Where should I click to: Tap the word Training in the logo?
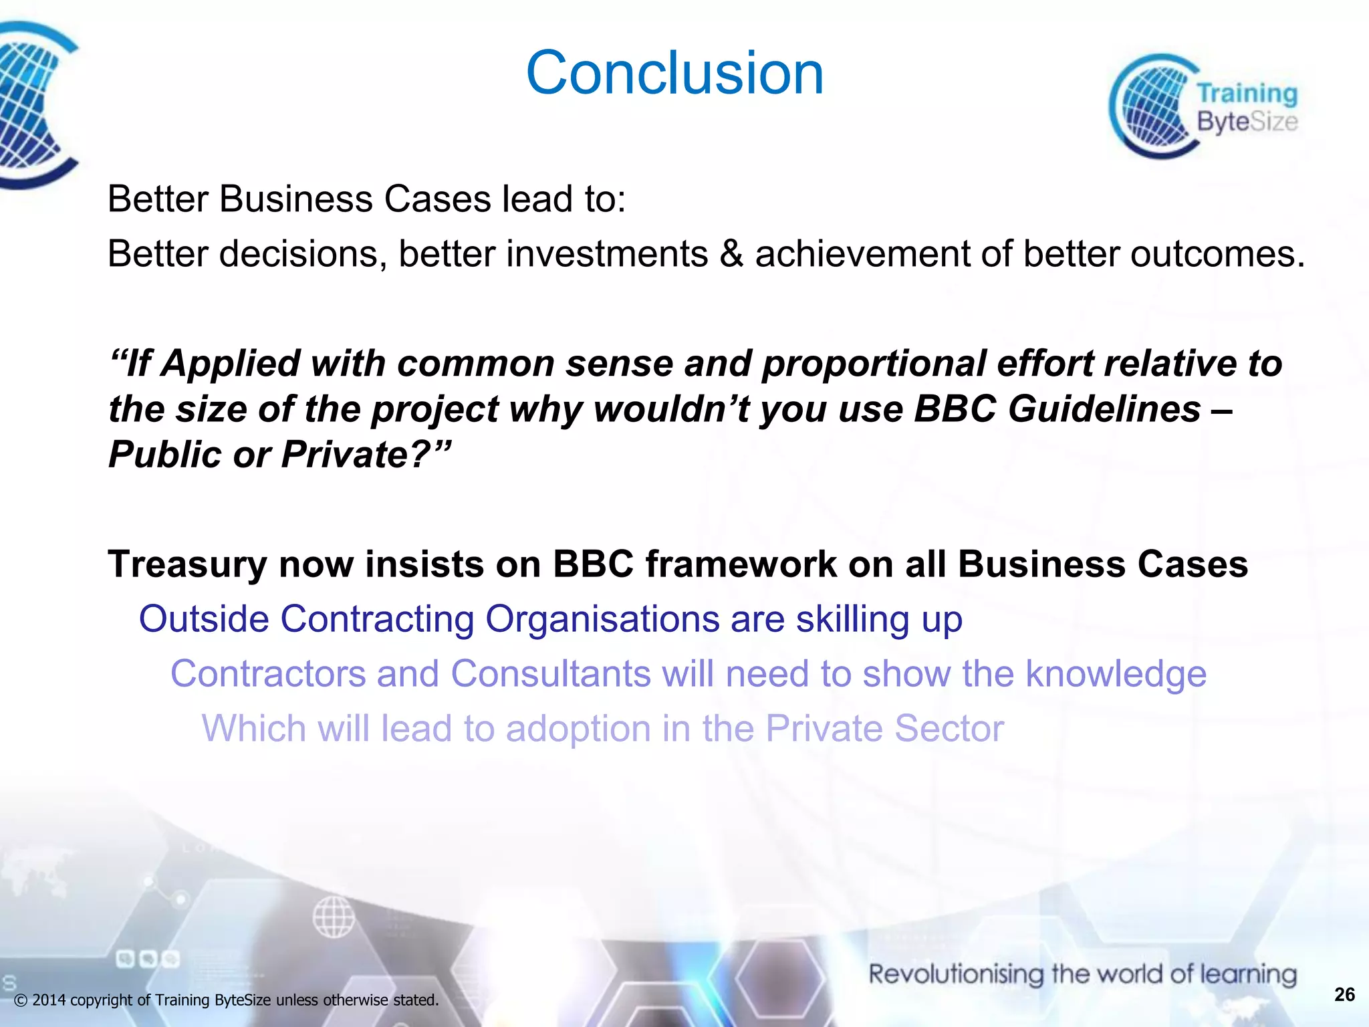(1247, 94)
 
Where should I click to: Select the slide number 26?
(1344, 994)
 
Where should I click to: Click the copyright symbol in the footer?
(21, 1000)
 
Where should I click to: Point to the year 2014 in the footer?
(49, 1000)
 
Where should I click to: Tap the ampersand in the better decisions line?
(731, 254)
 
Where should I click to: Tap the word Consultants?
(551, 673)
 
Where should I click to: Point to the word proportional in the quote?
(874, 363)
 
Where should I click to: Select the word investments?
(607, 254)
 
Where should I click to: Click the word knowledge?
(1116, 673)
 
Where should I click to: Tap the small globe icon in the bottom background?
(334, 916)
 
